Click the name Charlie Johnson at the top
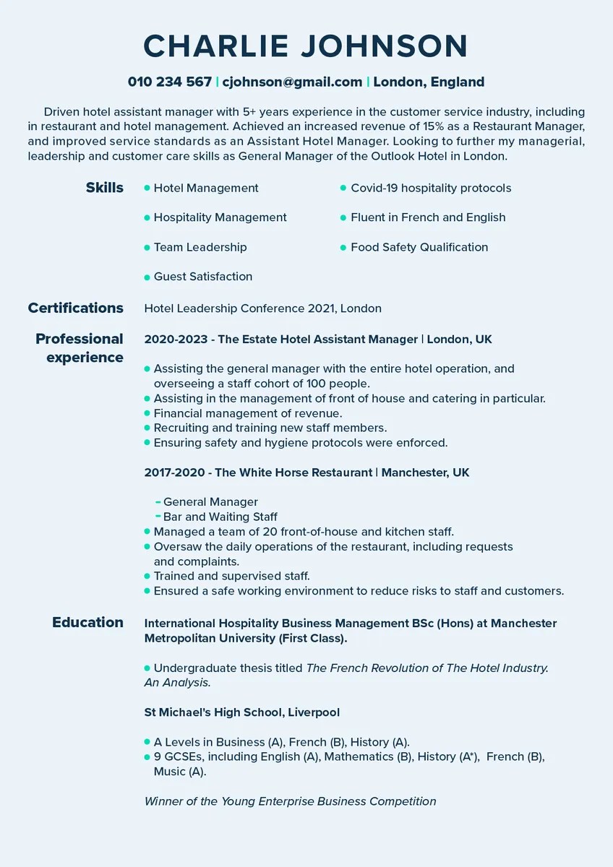(306, 46)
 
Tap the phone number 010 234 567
(169, 82)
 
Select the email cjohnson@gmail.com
(293, 82)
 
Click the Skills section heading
(104, 188)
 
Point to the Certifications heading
(76, 308)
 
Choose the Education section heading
(87, 622)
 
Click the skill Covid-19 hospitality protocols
(430, 188)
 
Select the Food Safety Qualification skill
(419, 247)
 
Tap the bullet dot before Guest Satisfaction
(147, 277)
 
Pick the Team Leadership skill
(200, 247)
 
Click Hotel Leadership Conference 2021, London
(262, 309)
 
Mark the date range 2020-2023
(173, 339)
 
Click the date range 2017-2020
(173, 473)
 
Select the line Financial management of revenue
(247, 413)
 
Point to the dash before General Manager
(158, 501)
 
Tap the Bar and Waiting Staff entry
(220, 517)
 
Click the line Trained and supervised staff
(231, 576)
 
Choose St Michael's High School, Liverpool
(241, 712)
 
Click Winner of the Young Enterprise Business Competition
(290, 801)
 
